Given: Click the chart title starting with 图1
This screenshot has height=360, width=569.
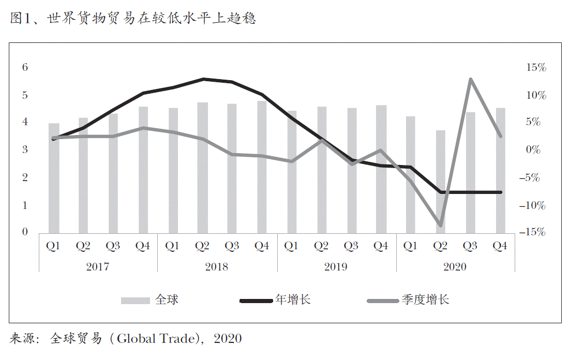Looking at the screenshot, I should (x=133, y=19).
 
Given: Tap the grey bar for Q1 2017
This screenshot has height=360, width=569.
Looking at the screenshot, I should (x=54, y=178).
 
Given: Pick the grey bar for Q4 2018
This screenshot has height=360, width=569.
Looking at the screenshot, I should (x=262, y=167).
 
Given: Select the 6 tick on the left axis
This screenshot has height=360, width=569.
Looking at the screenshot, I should (x=24, y=68).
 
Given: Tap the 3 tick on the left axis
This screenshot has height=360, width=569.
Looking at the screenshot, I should (x=24, y=150).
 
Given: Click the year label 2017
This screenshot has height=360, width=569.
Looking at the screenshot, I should (x=98, y=267).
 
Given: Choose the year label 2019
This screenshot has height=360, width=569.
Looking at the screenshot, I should (x=336, y=267).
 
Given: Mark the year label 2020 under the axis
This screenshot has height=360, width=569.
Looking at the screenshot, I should (x=455, y=267).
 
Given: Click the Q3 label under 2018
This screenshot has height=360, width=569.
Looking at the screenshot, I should (x=232, y=246).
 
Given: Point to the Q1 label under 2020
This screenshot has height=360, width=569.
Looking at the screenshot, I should (x=411, y=246).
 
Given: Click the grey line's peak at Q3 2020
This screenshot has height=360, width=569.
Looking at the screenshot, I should (x=470, y=79).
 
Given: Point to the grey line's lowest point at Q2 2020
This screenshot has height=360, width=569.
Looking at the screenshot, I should (x=441, y=226).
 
